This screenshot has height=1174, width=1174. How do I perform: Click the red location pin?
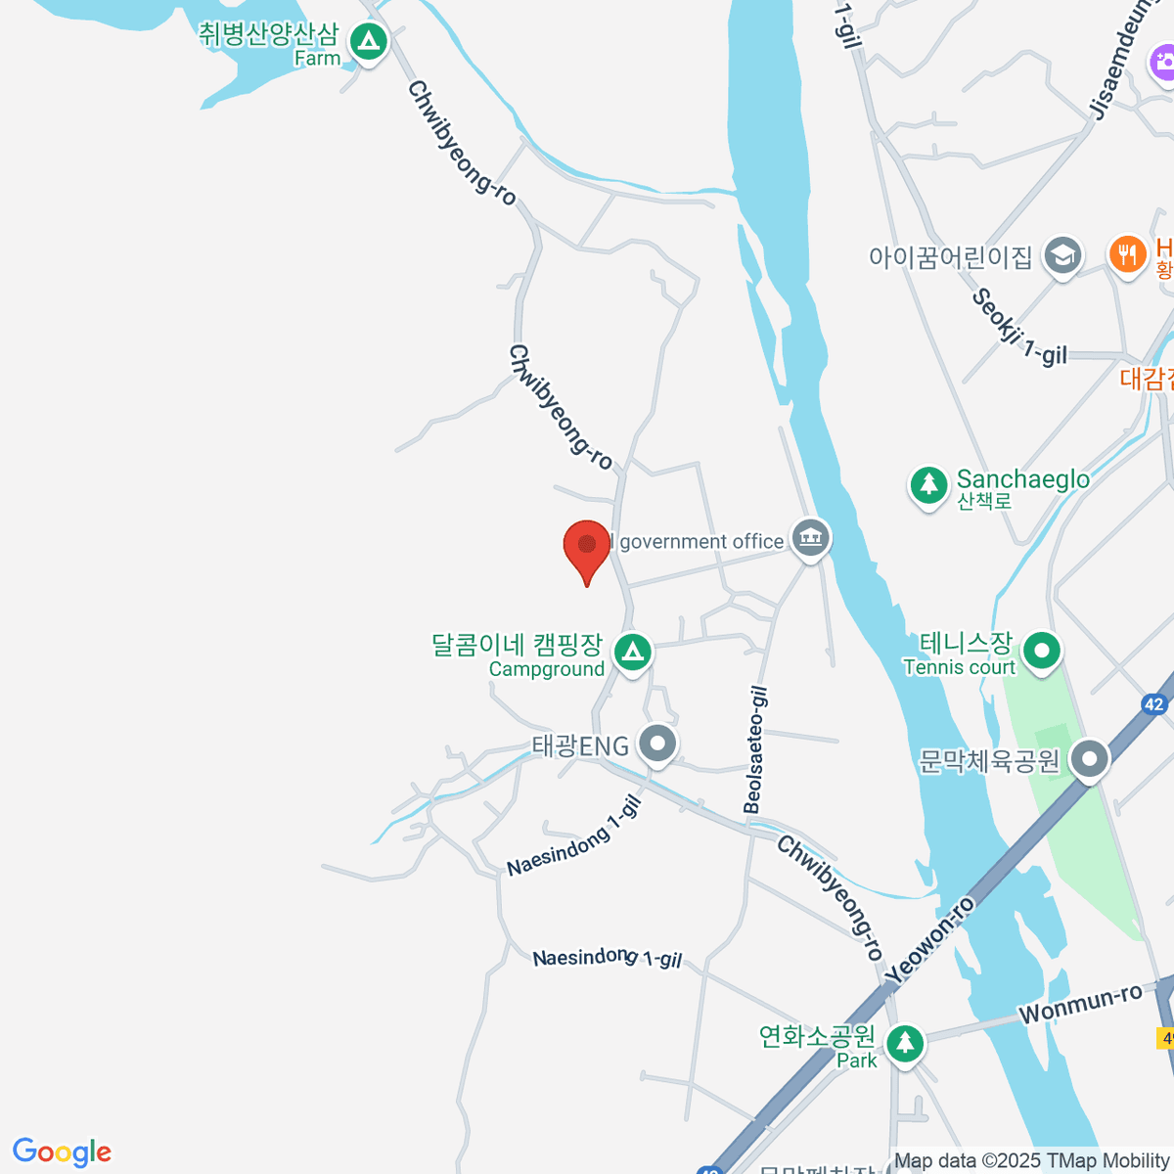click(587, 546)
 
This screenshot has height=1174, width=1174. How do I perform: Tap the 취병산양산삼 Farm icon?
click(369, 42)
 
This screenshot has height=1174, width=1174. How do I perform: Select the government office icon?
click(811, 537)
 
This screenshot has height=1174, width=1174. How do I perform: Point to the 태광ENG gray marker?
click(657, 744)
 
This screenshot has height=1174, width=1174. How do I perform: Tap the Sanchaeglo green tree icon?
click(927, 484)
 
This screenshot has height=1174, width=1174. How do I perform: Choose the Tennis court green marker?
click(1042, 651)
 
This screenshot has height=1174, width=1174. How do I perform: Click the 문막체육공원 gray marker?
click(1088, 759)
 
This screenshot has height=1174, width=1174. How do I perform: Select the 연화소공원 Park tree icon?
click(905, 1042)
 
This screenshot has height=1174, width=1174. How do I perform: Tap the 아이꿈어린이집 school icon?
click(1061, 255)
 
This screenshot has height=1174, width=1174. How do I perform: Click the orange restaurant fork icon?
click(1128, 253)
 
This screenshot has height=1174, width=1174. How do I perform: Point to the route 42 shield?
click(1154, 704)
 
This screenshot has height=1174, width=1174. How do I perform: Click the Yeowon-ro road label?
click(930, 939)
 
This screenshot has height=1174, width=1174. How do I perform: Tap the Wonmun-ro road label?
click(1080, 1005)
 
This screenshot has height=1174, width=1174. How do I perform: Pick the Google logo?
click(62, 1152)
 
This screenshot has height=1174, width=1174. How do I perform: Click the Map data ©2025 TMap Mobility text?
click(1032, 1161)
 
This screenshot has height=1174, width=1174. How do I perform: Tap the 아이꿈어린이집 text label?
click(950, 257)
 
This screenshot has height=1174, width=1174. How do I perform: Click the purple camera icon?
click(1163, 64)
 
